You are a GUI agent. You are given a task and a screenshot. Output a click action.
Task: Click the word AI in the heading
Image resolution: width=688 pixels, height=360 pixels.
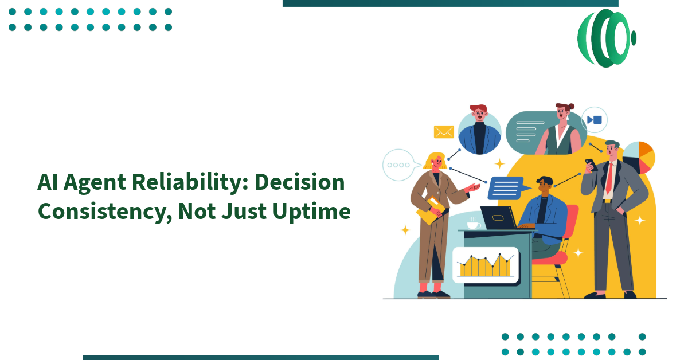[x=50, y=183]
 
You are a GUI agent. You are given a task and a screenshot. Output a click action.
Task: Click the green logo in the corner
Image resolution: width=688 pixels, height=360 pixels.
[x=606, y=38]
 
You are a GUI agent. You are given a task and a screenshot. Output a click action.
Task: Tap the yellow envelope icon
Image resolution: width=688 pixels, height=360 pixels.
[x=444, y=132]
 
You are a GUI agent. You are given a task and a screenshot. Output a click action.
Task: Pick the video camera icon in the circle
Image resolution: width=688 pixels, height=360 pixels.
[x=594, y=120]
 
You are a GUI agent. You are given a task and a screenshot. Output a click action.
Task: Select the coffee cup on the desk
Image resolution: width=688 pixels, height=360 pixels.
[x=474, y=224]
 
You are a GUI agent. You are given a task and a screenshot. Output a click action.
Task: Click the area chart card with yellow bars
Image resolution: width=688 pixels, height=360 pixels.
[x=485, y=265]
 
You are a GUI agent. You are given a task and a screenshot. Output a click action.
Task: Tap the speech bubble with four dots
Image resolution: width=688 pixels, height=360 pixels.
[x=398, y=165]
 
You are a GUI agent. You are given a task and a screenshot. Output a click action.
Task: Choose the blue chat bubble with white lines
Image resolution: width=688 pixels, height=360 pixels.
[x=505, y=187]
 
